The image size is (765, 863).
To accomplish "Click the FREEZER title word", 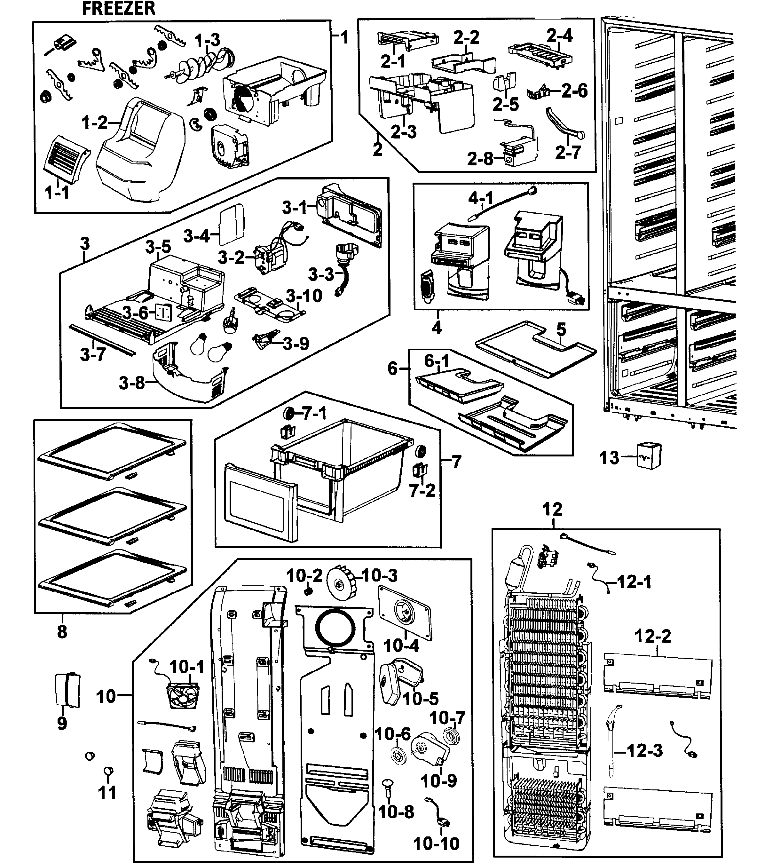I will (119, 8).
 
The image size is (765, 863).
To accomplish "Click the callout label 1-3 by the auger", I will (207, 41).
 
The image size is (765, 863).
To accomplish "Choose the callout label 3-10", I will (304, 296).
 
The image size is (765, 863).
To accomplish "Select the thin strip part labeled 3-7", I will (103, 339).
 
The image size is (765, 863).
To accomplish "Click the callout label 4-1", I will (480, 198).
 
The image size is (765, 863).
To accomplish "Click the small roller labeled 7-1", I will (289, 413).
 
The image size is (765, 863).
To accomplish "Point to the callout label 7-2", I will (422, 491).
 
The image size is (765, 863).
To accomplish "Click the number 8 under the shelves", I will (62, 632).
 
